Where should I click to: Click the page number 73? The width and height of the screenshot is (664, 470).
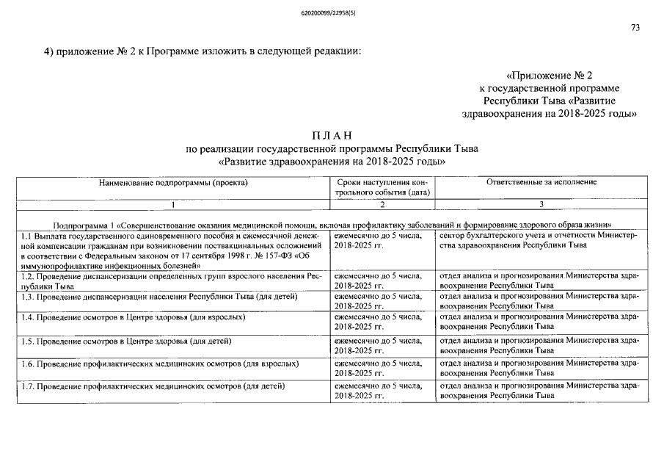[635, 28]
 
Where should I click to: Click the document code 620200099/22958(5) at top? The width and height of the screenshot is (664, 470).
[332, 12]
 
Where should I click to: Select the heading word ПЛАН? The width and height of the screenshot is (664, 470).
[332, 135]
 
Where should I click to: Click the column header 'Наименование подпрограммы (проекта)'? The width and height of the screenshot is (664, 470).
[173, 182]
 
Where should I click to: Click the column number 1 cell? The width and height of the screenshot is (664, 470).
[173, 203]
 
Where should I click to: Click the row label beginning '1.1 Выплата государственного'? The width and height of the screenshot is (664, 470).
[172, 250]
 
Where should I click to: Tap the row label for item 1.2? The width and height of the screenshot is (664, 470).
[172, 281]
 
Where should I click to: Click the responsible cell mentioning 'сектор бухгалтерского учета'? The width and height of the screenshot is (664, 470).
[539, 240]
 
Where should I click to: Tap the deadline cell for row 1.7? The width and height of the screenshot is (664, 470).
[377, 391]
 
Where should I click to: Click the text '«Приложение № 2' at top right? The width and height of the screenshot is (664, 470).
[550, 76]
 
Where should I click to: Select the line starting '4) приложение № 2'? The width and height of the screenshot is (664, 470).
[203, 51]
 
